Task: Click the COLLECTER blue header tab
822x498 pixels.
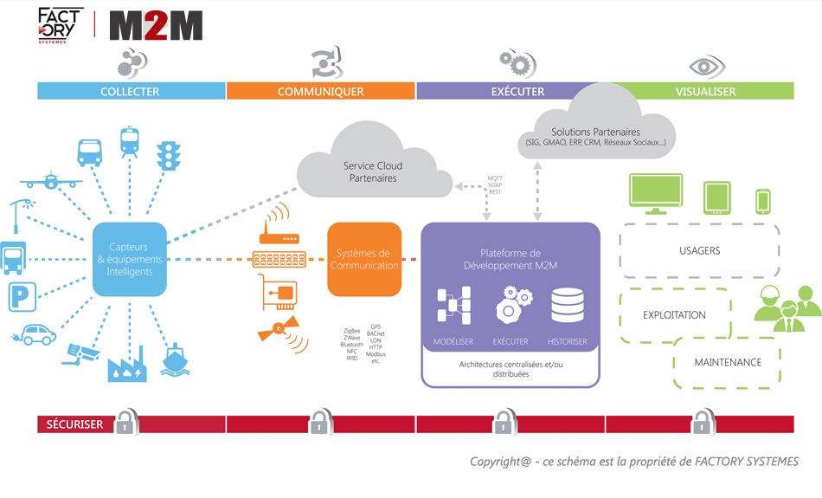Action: point(130,91)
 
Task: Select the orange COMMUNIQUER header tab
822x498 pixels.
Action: point(320,91)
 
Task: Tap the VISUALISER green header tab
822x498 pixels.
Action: point(705,91)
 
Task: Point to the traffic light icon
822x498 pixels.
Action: point(166,155)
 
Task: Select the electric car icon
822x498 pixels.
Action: point(37,333)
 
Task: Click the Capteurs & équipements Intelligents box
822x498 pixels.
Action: point(130,260)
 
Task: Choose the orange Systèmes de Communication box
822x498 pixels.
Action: point(364,260)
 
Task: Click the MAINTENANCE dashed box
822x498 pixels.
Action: point(727,362)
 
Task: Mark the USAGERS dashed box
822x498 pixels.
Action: point(699,251)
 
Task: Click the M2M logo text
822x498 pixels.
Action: point(156,27)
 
